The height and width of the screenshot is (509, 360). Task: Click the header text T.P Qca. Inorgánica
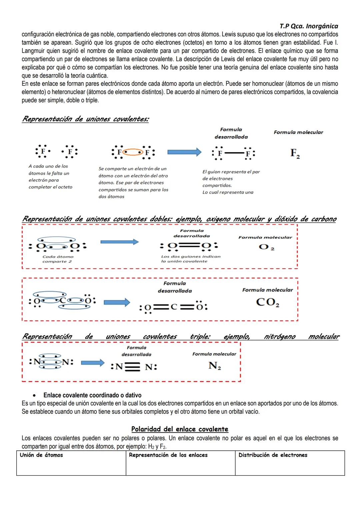309,26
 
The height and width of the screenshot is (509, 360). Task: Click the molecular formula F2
295,153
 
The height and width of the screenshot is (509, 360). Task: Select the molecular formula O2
266,247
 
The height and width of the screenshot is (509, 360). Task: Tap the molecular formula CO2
267,302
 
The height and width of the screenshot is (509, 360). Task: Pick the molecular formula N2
215,366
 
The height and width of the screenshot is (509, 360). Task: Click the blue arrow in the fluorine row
184,152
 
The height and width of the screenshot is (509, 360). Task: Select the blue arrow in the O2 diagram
119,242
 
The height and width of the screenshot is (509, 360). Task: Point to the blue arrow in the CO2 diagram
117,302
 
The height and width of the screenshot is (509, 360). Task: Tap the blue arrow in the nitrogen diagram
93,363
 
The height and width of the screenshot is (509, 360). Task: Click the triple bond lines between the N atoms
133,367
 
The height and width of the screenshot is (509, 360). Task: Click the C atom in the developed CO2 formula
173,307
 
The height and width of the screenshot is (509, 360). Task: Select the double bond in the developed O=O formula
189,246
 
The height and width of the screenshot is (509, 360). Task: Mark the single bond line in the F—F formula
233,153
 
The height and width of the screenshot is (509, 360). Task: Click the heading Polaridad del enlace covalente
180,429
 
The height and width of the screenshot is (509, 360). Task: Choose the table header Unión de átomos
41,455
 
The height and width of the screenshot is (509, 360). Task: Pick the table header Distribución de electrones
273,455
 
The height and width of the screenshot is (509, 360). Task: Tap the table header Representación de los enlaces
168,455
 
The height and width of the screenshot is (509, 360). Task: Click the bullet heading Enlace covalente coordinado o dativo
92,395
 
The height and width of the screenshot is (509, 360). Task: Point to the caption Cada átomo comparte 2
58,259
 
